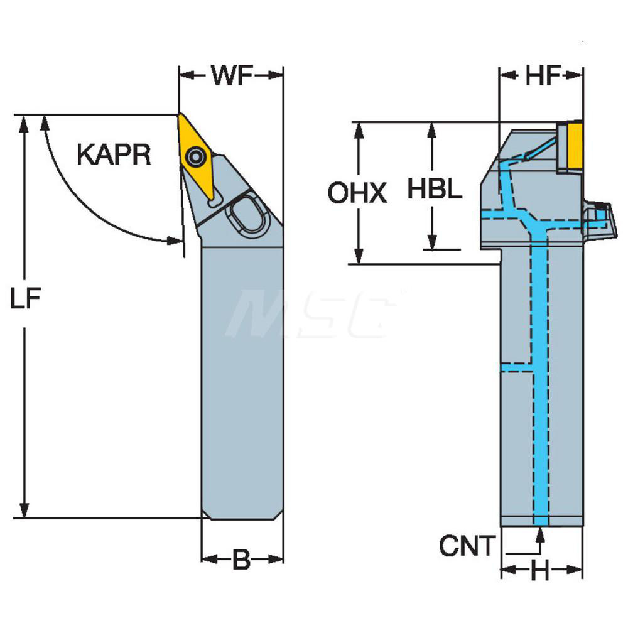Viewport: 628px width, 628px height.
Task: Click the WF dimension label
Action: tap(231, 76)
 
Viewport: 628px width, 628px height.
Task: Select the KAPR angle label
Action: tap(114, 154)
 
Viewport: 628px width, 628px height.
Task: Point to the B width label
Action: tap(242, 559)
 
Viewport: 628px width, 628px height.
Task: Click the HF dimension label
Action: tap(542, 76)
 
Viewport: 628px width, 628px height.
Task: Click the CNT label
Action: tap(467, 546)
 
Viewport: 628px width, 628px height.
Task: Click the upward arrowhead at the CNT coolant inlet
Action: tap(539, 533)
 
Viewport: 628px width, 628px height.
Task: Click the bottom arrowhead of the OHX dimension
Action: tap(359, 257)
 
